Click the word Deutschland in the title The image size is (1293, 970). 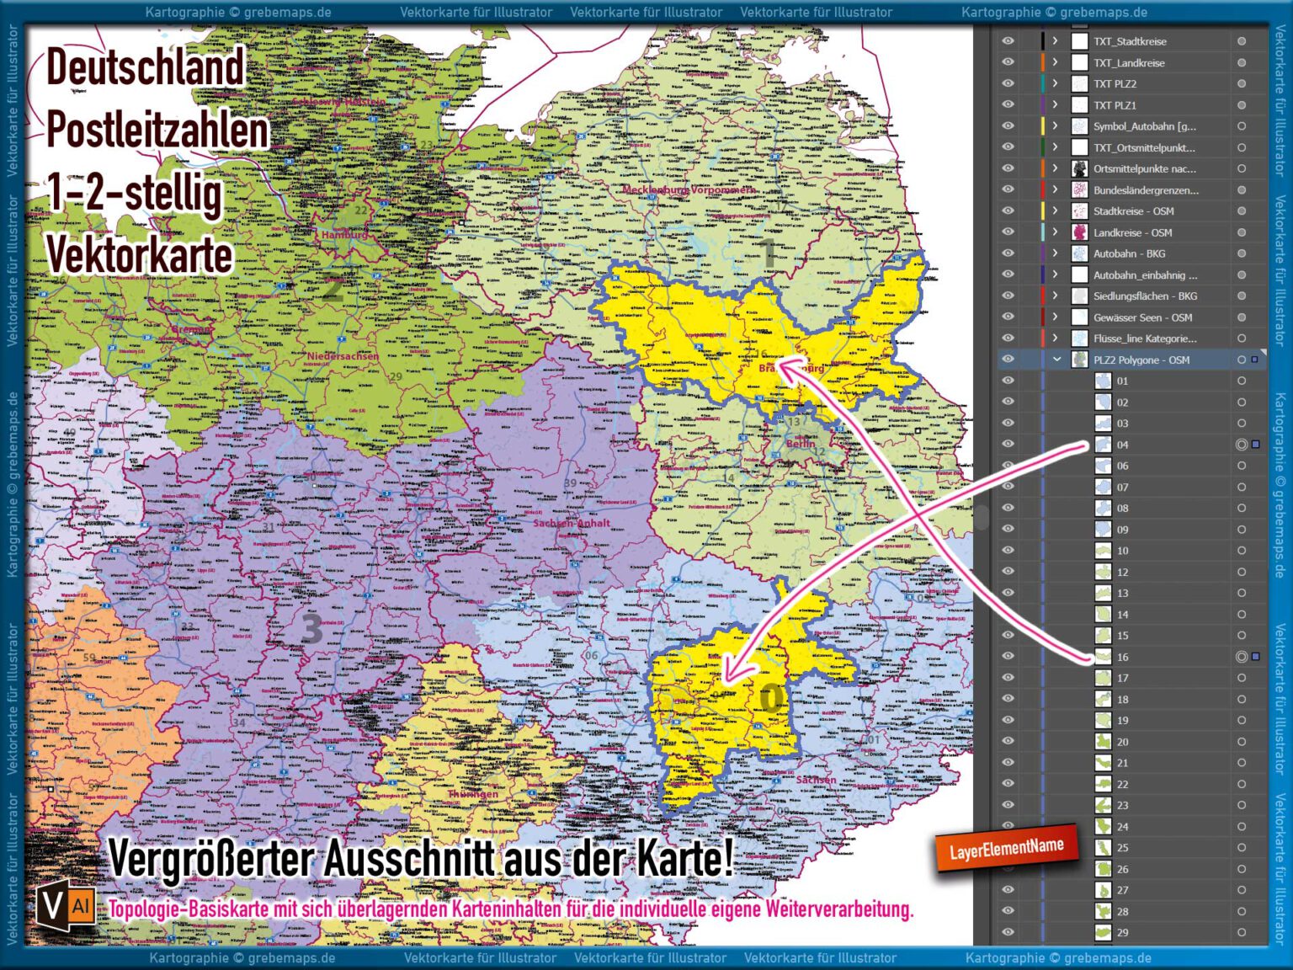tap(145, 67)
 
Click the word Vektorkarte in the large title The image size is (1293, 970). tap(139, 255)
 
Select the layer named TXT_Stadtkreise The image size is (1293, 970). tap(1129, 41)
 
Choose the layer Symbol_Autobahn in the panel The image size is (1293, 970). tap(1143, 126)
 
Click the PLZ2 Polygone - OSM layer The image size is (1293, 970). tap(1141, 360)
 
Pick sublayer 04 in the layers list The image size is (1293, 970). tap(1122, 445)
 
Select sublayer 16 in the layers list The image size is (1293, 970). tap(1122, 657)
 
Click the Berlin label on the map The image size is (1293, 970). tap(800, 444)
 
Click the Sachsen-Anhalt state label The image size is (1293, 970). tap(572, 523)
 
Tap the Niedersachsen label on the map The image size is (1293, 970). tap(343, 356)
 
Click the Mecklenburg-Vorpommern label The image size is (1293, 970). tap(689, 190)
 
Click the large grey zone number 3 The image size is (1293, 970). tap(311, 627)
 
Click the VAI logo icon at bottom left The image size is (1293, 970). tap(65, 906)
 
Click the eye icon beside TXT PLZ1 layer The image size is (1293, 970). tap(1008, 105)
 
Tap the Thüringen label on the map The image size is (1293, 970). tap(472, 794)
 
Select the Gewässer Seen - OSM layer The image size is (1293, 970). tap(1141, 317)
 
